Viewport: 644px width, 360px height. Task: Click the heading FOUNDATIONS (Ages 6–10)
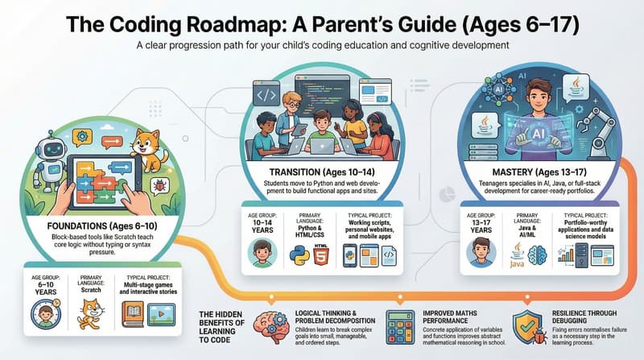coord(98,226)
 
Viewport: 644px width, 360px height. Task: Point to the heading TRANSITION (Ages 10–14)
coord(321,172)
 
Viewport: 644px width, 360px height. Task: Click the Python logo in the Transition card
coord(299,253)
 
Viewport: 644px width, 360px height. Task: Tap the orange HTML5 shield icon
coord(324,253)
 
